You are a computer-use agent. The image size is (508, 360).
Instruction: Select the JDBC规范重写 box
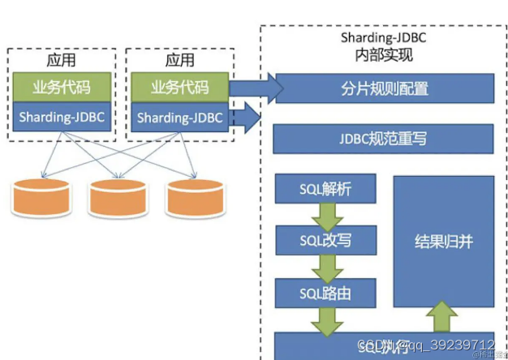tap(383, 139)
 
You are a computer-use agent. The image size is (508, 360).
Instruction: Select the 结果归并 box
tap(443, 242)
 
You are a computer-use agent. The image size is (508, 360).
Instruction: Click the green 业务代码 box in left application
tap(62, 88)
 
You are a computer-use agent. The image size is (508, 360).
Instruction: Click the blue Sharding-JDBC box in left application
tap(62, 118)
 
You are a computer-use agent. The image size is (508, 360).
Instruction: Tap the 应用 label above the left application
tap(62, 60)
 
